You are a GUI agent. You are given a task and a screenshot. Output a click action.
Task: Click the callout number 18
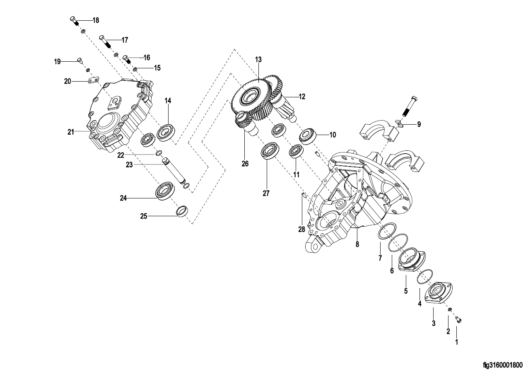click(x=96, y=20)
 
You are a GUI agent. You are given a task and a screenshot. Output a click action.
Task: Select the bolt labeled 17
click(x=105, y=42)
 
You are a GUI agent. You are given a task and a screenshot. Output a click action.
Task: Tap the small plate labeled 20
click(x=94, y=80)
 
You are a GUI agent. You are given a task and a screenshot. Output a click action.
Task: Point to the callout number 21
click(x=71, y=132)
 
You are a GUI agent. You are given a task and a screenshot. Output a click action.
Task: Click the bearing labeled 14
click(x=166, y=132)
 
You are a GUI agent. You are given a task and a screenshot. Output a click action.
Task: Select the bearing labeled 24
click(x=165, y=191)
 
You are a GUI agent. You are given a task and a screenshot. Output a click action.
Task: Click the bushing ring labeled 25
click(x=183, y=211)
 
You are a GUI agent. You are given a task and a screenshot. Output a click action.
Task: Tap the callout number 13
click(x=258, y=60)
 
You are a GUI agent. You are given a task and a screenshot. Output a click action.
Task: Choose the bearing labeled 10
click(x=308, y=136)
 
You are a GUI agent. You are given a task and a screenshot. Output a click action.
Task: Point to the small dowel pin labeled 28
click(x=304, y=196)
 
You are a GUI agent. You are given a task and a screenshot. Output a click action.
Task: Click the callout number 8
click(x=357, y=244)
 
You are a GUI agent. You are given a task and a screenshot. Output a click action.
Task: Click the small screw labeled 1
click(x=458, y=320)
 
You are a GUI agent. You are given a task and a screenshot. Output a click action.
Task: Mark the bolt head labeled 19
click(x=80, y=60)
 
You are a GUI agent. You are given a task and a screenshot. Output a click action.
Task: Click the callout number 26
click(x=245, y=164)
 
